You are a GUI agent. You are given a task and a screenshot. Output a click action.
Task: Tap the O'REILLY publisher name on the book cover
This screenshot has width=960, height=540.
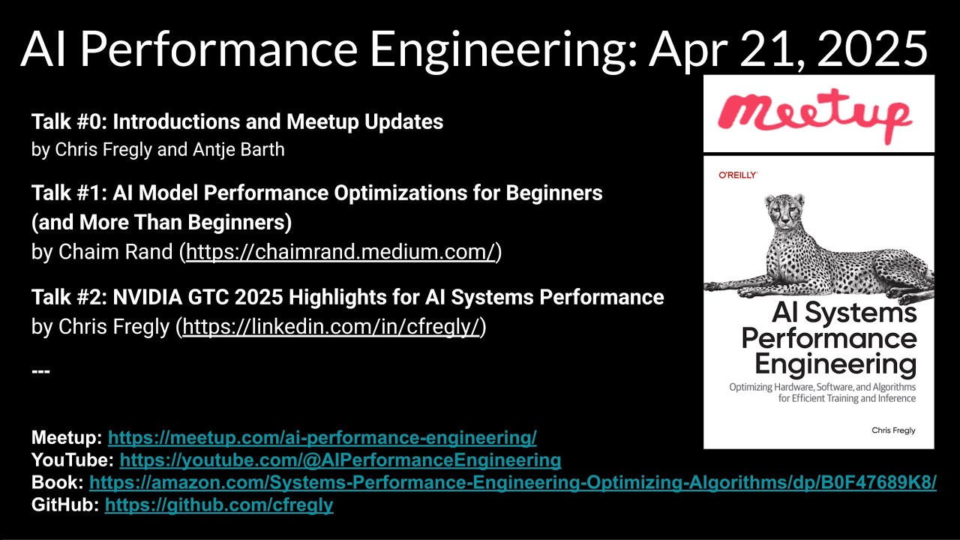click(x=738, y=175)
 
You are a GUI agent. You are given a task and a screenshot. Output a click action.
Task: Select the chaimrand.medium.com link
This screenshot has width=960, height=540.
click(x=340, y=252)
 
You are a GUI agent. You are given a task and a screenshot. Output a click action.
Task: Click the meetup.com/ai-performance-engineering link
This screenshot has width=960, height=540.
click(x=322, y=437)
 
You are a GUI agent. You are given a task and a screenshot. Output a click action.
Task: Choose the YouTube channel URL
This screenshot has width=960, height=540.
click(x=340, y=460)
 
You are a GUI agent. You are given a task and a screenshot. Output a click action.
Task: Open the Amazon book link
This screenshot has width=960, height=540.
click(x=512, y=482)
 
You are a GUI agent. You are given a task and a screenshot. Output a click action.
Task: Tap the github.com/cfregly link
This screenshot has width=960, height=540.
click(x=219, y=505)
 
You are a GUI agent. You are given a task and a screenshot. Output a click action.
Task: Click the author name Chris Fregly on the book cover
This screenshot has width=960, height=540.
click(x=892, y=430)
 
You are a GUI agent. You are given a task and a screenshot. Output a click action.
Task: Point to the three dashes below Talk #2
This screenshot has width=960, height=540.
click(x=40, y=370)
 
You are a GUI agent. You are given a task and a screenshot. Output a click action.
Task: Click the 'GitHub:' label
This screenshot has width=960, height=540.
click(x=65, y=505)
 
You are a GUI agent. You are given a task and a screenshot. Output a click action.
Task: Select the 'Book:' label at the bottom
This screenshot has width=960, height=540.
click(x=58, y=482)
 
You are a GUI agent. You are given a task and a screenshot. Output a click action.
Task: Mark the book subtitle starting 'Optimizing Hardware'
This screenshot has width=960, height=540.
click(x=822, y=392)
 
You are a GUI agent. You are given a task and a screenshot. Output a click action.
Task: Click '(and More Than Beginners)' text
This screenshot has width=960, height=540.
click(x=161, y=223)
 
